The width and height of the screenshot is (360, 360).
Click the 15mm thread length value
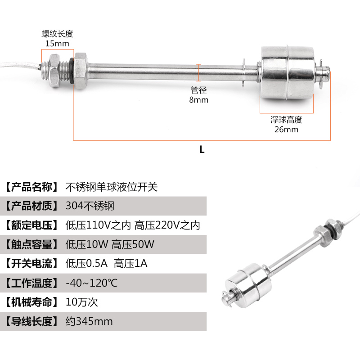click(57, 44)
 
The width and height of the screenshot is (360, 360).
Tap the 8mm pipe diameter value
click(199, 100)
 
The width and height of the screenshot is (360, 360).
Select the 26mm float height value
click(286, 130)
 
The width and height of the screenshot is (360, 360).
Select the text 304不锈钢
click(90, 206)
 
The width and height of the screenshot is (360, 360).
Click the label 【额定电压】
click(31, 225)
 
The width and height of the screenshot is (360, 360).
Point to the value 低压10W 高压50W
click(110, 244)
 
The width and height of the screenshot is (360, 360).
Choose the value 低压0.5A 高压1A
click(106, 264)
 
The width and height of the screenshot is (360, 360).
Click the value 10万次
click(81, 302)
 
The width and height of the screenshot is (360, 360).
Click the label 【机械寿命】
click(31, 302)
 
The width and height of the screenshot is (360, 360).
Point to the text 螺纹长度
click(57, 34)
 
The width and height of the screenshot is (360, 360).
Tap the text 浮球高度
click(286, 120)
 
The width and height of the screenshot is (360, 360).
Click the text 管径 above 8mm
click(199, 90)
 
